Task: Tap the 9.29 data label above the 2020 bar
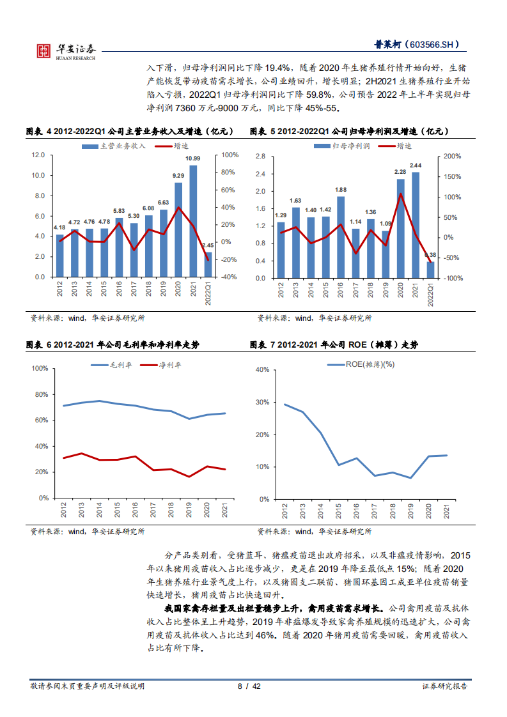pyautogui.click(x=178, y=176)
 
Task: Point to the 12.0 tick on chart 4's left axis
pyautogui.click(x=38, y=155)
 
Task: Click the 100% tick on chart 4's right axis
pyautogui.click(x=230, y=155)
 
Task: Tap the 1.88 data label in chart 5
pyautogui.click(x=341, y=190)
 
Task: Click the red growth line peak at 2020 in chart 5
pyautogui.click(x=401, y=194)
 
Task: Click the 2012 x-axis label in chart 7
pyautogui.click(x=284, y=511)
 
